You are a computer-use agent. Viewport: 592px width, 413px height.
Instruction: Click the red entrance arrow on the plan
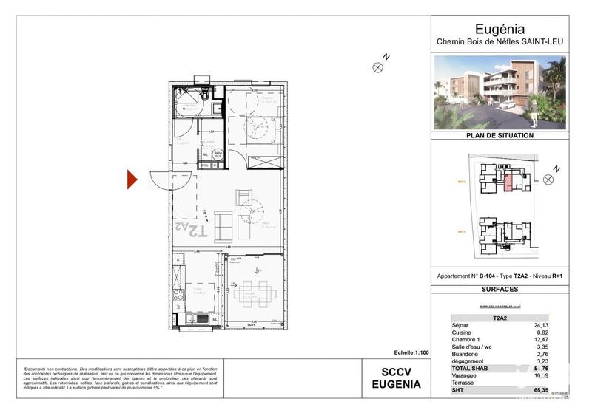(x=132, y=180)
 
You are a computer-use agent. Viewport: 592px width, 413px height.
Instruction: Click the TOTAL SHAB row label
(x=474, y=368)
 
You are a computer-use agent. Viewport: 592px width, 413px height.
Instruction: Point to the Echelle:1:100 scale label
(x=405, y=353)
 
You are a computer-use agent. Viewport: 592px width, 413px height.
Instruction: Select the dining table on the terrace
(x=255, y=293)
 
